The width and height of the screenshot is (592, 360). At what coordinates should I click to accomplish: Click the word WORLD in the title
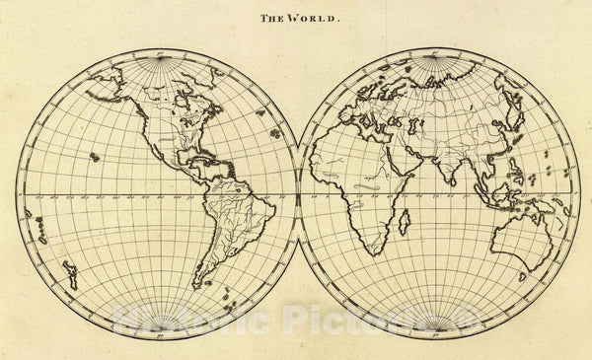point(309,17)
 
